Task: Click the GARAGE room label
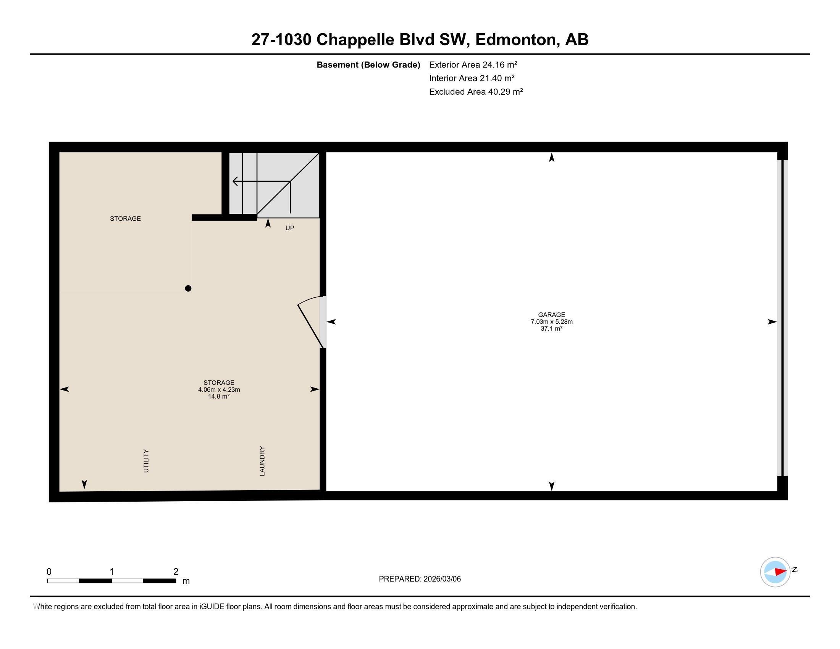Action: tap(551, 315)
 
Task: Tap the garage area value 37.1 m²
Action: tap(551, 329)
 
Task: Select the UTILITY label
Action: tap(146, 461)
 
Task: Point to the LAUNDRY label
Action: tap(262, 461)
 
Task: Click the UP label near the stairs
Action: tap(290, 228)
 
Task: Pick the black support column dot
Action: tap(188, 288)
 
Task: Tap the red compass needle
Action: tap(780, 572)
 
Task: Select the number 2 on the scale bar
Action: tap(176, 572)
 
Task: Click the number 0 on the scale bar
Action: tap(49, 572)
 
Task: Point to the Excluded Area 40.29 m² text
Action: tap(476, 92)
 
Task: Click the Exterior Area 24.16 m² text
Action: tap(473, 65)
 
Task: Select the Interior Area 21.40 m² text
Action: tap(472, 78)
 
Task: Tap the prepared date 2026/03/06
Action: tap(441, 579)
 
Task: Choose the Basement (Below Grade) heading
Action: tap(368, 65)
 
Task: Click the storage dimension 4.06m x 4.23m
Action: tap(219, 389)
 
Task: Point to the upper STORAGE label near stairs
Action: tap(125, 219)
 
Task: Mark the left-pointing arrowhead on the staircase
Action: tap(235, 181)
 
